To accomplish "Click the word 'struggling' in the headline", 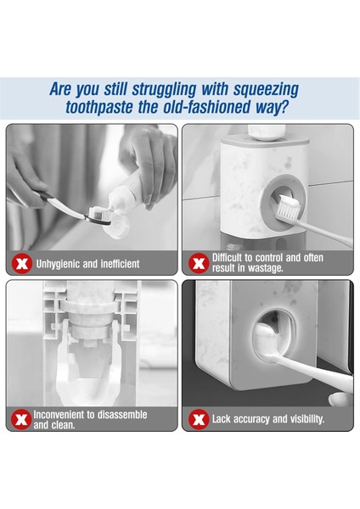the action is click(x=164, y=90).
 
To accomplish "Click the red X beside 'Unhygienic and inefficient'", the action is click(x=22, y=264).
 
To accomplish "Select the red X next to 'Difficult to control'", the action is click(x=199, y=263).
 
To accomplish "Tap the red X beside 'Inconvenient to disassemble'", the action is click(x=21, y=419).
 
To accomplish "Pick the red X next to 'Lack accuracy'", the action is click(x=199, y=419).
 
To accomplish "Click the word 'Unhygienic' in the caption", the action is click(x=58, y=264).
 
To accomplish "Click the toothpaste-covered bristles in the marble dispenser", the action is click(x=288, y=206).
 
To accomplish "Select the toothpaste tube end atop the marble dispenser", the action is click(x=267, y=132).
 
